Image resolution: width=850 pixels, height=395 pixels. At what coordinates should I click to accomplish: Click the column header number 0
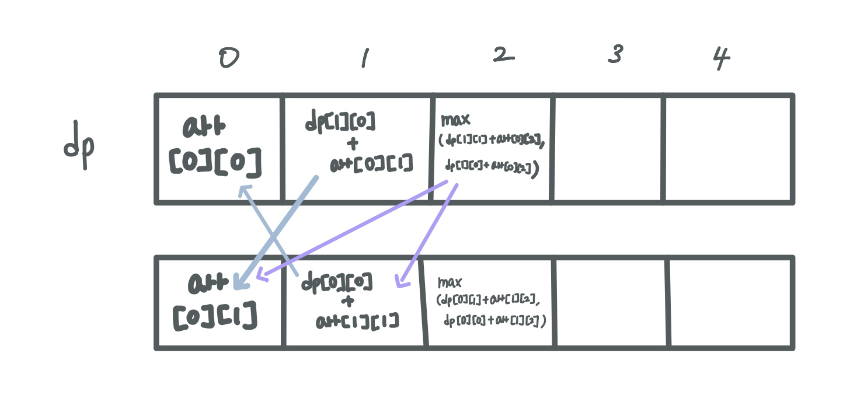tap(228, 59)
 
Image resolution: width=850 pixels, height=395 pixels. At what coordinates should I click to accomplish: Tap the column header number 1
tap(364, 58)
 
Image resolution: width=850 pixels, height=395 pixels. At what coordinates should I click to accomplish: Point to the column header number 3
tap(615, 55)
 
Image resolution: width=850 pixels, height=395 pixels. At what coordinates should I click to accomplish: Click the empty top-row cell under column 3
tap(608, 149)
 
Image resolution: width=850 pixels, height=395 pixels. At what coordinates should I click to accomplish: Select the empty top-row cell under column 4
tap(728, 149)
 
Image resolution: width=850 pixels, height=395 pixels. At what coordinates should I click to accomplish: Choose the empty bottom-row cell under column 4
tap(731, 303)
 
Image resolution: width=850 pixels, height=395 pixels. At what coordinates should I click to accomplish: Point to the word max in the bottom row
tap(450, 283)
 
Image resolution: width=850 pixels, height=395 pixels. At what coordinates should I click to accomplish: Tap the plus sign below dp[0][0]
tap(348, 302)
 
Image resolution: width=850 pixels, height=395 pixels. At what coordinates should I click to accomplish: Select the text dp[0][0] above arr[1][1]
tap(337, 283)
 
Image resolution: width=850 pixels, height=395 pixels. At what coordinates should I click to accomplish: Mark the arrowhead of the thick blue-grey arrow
tap(238, 284)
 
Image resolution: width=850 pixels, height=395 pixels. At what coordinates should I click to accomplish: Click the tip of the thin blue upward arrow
tap(242, 190)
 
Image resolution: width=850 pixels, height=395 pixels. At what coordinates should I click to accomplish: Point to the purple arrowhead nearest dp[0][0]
tap(400, 282)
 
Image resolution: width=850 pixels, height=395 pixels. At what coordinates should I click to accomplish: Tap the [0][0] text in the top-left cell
tap(215, 165)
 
